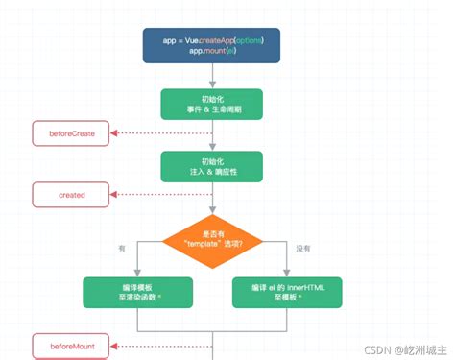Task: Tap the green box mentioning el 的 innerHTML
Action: click(287, 294)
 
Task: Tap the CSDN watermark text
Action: click(402, 344)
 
